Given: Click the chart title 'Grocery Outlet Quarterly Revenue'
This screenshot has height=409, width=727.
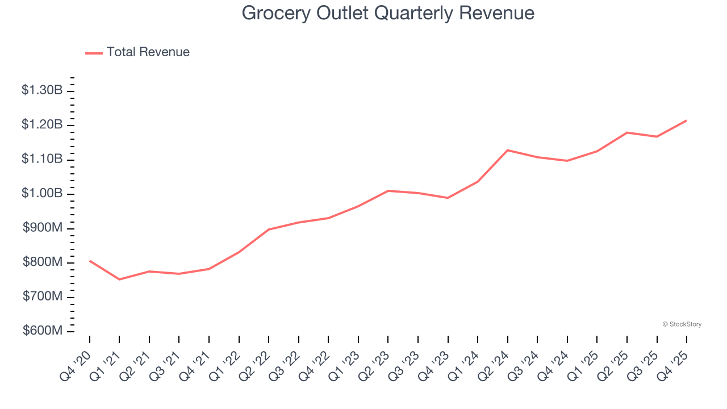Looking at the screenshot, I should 388,12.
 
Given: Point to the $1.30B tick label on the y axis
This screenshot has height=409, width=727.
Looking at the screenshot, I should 42,90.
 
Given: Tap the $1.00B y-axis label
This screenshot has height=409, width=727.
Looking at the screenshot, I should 42,193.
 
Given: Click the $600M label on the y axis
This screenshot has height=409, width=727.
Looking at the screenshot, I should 42,331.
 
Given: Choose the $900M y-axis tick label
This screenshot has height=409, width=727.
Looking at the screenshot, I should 42,228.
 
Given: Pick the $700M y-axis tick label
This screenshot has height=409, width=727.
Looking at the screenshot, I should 42,297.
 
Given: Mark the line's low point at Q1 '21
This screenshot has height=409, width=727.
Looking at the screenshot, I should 119,279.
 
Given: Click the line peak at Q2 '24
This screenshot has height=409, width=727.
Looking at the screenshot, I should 507,150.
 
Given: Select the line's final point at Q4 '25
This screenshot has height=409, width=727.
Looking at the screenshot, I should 687,120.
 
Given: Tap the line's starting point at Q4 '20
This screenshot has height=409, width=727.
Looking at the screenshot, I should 90,261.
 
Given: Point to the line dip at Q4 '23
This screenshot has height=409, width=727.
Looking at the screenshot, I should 448,198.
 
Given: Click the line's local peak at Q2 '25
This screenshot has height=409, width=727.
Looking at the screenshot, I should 627,132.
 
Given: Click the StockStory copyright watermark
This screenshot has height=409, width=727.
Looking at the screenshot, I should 682,324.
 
